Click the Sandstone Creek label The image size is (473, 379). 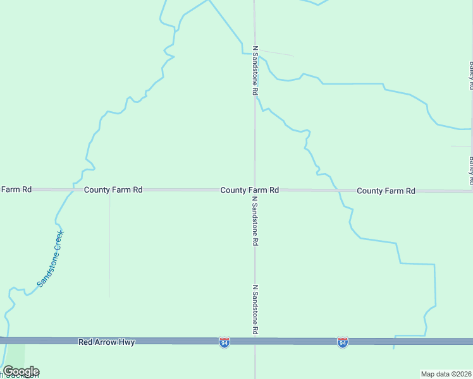(x=51, y=258)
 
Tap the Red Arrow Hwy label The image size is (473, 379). (x=107, y=342)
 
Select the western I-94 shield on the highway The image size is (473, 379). (x=224, y=342)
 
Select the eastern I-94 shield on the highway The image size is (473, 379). (x=342, y=342)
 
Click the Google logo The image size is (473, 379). (x=21, y=371)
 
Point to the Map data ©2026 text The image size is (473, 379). (x=446, y=373)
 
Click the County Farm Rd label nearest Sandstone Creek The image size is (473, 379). (x=113, y=189)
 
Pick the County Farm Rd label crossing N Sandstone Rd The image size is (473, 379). (x=250, y=189)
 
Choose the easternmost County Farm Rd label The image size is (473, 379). (x=386, y=190)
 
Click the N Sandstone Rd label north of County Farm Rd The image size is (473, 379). (x=255, y=70)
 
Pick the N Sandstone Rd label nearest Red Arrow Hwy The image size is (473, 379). (x=255, y=310)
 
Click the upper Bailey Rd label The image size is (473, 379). (x=471, y=75)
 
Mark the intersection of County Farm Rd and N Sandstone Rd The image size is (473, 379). (x=255, y=189)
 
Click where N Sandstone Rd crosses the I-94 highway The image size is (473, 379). (x=255, y=341)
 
